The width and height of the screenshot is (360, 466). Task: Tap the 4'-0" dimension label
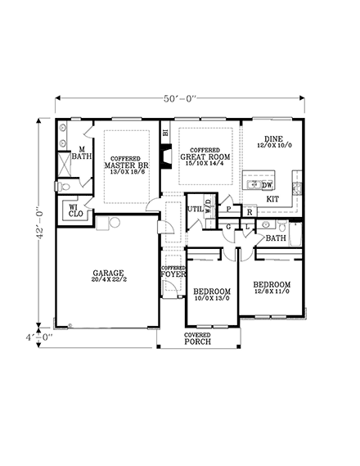tap(38, 336)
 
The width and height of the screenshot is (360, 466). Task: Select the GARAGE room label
tap(108, 272)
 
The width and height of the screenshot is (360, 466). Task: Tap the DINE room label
tap(272, 139)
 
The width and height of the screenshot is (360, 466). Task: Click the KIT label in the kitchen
tap(273, 198)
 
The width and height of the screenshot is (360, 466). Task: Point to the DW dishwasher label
tap(268, 185)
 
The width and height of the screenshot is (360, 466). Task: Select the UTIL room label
tap(195, 210)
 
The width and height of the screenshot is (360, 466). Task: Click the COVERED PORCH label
tap(198, 338)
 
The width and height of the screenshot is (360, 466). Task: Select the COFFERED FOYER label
tap(173, 273)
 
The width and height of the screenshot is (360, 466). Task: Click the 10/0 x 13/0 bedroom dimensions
tap(211, 299)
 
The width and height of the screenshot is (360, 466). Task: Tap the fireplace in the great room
tap(164, 157)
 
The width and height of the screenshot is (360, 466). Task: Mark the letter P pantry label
tap(228, 210)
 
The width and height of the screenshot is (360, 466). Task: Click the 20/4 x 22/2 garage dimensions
tap(108, 280)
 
